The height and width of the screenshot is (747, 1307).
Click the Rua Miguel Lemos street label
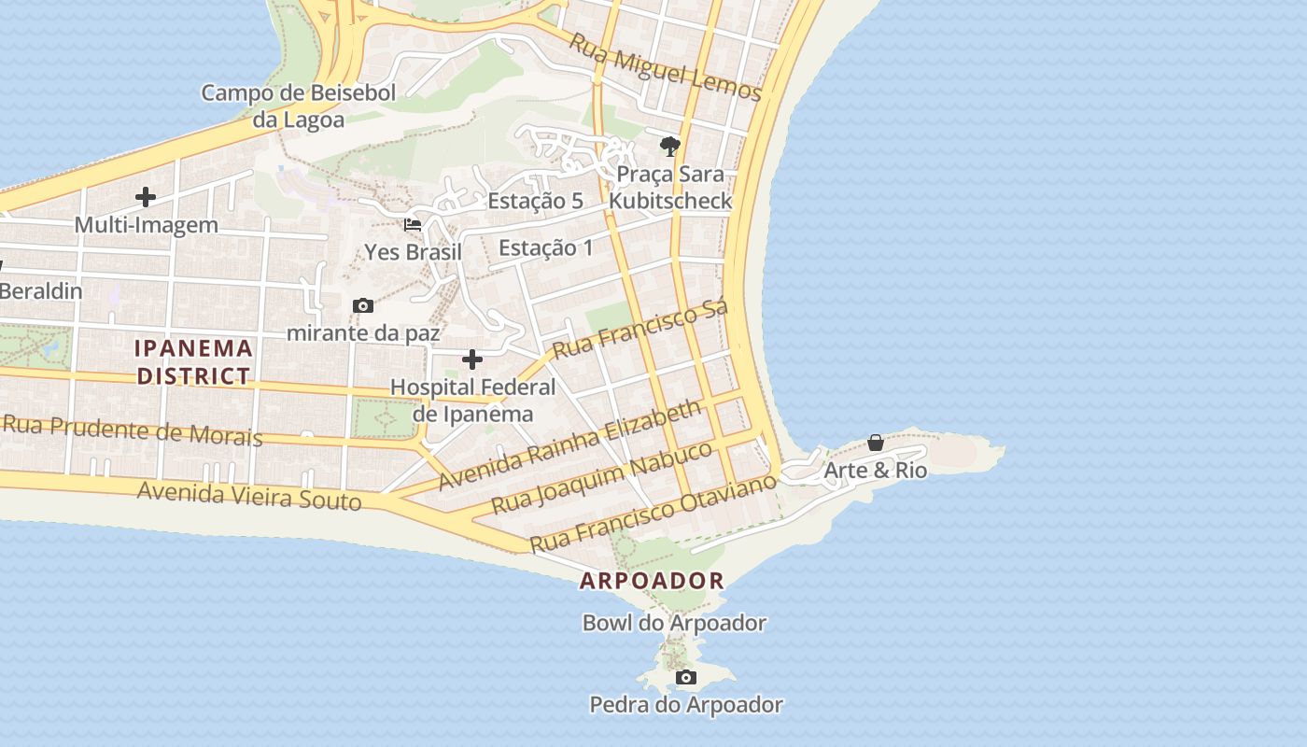pyautogui.click(x=666, y=69)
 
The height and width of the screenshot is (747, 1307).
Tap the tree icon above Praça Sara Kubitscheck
pyautogui.click(x=669, y=147)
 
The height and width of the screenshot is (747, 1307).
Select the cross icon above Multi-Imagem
pyautogui.click(x=146, y=197)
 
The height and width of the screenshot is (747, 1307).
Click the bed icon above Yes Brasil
pyautogui.click(x=413, y=225)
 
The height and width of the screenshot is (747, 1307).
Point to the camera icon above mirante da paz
pyautogui.click(x=363, y=305)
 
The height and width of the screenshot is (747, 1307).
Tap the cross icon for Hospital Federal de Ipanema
pyautogui.click(x=472, y=359)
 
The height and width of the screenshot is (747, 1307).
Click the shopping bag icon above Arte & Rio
pyautogui.click(x=876, y=443)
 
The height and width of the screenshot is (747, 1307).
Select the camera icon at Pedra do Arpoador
pyautogui.click(x=686, y=677)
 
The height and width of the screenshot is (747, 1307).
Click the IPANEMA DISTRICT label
pyautogui.click(x=194, y=362)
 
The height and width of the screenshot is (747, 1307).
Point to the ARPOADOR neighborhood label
pyautogui.click(x=652, y=581)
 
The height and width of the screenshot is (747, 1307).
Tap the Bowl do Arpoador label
pyautogui.click(x=674, y=623)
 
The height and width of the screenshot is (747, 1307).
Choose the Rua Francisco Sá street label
pyautogui.click(x=640, y=331)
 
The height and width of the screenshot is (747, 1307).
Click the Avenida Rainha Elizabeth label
pyautogui.click(x=569, y=444)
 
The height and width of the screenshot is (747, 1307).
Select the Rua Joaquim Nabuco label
pyautogui.click(x=602, y=477)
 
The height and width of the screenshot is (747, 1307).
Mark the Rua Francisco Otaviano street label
pyautogui.click(x=653, y=513)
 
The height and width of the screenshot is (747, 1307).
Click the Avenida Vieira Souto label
pyautogui.click(x=249, y=496)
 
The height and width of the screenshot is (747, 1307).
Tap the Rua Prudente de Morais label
pyautogui.click(x=132, y=430)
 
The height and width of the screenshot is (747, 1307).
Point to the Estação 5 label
pyautogui.click(x=535, y=201)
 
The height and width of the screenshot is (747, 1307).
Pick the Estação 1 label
pyautogui.click(x=546, y=248)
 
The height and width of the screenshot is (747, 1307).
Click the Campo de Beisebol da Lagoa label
pyautogui.click(x=299, y=106)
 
